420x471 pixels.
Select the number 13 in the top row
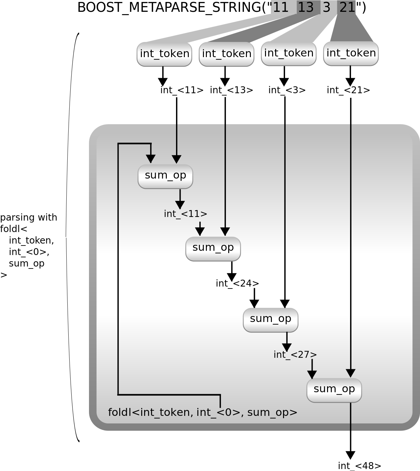click(x=306, y=7)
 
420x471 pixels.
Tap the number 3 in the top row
click(x=326, y=7)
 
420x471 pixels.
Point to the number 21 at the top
click(x=347, y=7)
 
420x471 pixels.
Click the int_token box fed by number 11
click(x=165, y=54)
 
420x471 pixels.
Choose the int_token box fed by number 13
click(x=227, y=54)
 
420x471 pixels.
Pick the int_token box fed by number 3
click(x=289, y=53)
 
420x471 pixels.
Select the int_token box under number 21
click(x=351, y=53)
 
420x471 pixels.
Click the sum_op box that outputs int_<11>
click(x=165, y=176)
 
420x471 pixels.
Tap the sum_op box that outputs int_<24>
click(x=213, y=248)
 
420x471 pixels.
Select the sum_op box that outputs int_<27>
click(x=271, y=320)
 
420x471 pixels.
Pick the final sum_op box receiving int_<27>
click(x=334, y=390)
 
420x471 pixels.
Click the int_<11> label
click(x=186, y=214)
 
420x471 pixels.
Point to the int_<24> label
click(x=237, y=284)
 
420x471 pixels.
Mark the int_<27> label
click(x=295, y=355)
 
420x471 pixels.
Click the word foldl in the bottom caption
click(x=120, y=412)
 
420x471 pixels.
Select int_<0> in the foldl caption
click(x=218, y=412)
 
